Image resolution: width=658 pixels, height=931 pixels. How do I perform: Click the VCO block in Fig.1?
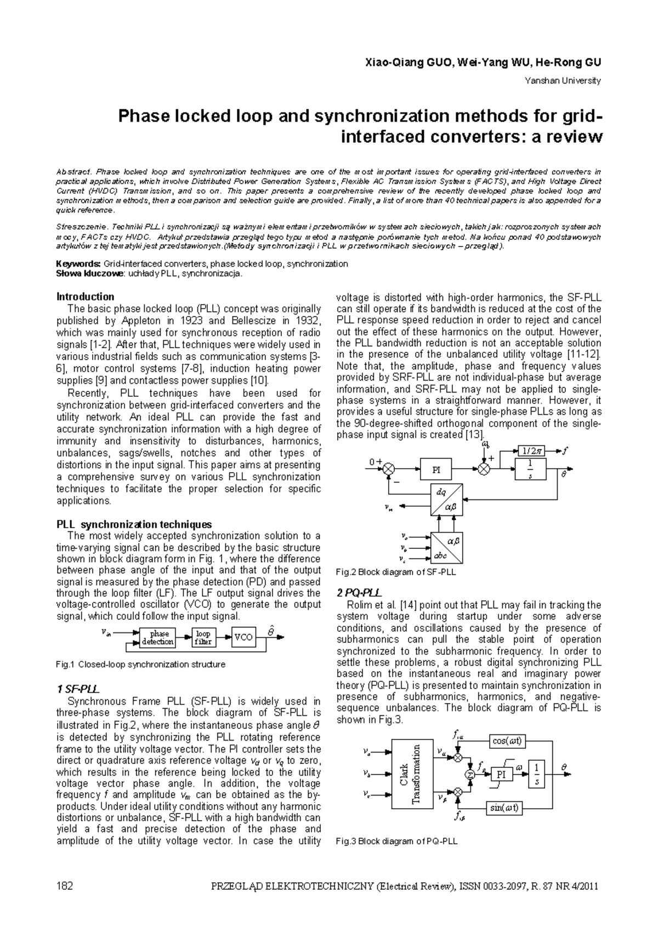243,637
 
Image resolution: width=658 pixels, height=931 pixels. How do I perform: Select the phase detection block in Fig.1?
158,637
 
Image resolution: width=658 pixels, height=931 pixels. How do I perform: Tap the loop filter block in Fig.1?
203,637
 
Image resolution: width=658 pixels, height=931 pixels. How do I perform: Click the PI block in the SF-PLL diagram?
436,470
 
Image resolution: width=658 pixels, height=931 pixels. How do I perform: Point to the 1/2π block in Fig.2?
531,451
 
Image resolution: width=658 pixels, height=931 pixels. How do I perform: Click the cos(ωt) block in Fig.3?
507,741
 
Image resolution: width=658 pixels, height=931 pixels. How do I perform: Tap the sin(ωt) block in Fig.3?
504,808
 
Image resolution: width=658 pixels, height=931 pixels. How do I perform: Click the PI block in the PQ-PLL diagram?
501,774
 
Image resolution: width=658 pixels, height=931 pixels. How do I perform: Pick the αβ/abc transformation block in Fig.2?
446,547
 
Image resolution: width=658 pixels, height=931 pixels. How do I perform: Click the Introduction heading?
86,296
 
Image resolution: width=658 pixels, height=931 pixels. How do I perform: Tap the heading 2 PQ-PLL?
359,593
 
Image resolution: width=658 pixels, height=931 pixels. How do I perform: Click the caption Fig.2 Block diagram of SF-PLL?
396,572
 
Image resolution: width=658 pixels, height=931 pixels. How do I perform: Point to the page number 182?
65,886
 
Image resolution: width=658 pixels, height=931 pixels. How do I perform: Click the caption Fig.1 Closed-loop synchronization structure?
141,664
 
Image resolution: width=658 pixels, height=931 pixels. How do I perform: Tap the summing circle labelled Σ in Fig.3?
470,774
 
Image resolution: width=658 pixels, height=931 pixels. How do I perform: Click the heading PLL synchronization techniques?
134,524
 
